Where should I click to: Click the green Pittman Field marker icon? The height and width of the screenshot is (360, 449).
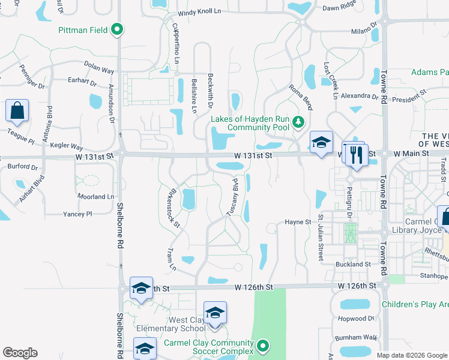[118, 29]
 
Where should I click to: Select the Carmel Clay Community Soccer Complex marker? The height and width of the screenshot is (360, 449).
[262, 346]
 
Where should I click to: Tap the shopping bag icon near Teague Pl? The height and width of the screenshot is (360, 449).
[17, 112]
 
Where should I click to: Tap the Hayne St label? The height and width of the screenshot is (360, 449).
[298, 222]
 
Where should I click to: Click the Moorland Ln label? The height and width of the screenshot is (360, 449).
[95, 197]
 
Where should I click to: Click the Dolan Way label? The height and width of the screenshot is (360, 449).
[99, 70]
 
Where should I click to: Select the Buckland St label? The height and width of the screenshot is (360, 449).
[352, 264]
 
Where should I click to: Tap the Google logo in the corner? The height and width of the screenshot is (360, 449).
[20, 353]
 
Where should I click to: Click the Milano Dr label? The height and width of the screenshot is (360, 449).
[363, 30]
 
